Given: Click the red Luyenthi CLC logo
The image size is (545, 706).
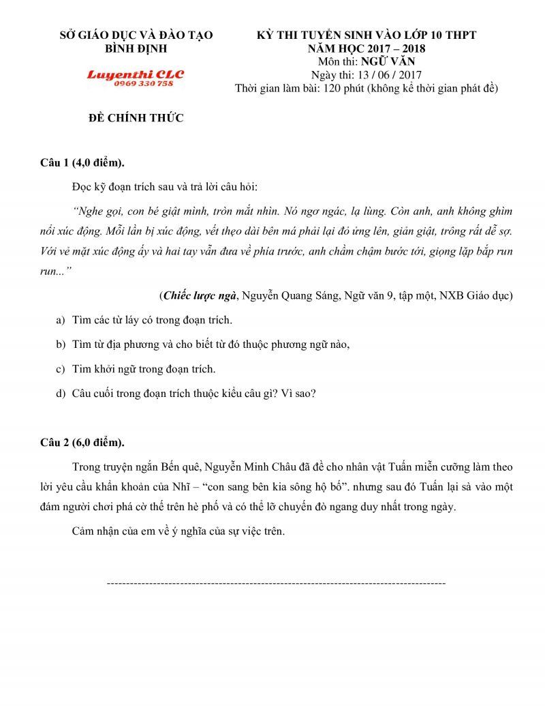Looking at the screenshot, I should click(x=135, y=74).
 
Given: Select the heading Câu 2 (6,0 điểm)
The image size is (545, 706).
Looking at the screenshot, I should click(x=82, y=442).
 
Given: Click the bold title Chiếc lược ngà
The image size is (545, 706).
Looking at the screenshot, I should click(x=200, y=296).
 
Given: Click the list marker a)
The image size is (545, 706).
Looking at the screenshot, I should click(x=60, y=320).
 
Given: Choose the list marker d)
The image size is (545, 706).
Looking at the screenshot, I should click(x=60, y=394).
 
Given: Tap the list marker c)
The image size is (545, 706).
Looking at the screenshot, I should click(x=60, y=369).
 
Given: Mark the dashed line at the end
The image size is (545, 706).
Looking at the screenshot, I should click(x=277, y=584).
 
